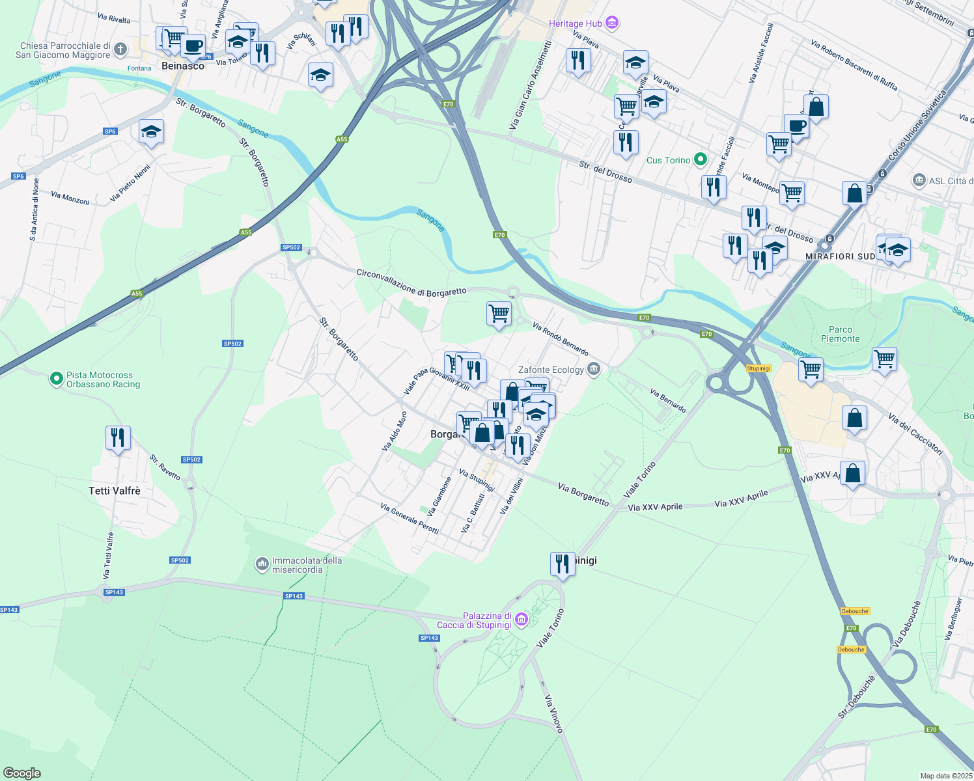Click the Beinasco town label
[183, 66]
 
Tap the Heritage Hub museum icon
[611, 23]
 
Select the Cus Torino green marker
[701, 159]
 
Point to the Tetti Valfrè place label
[115, 491]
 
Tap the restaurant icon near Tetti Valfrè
[118, 437]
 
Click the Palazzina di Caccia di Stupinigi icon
[521, 620]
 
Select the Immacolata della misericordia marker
[262, 564]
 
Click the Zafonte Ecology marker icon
[593, 370]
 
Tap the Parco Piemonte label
[840, 334]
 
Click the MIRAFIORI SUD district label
[840, 256]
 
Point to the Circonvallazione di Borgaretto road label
[411, 282]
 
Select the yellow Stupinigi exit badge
[758, 368]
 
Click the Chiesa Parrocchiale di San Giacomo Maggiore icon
[120, 49]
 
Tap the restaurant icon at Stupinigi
[562, 564]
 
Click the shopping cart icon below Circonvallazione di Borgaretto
[499, 313]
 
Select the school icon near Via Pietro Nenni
[151, 131]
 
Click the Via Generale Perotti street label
[410, 518]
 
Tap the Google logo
[21, 773]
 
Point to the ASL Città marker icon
[919, 180]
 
